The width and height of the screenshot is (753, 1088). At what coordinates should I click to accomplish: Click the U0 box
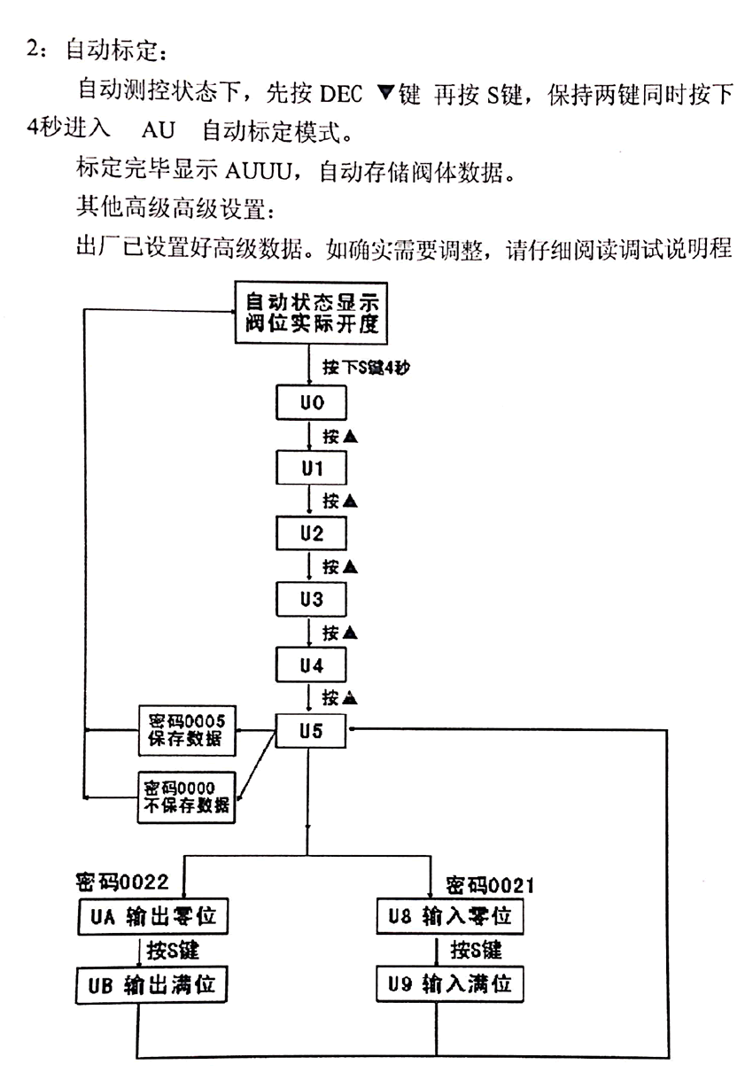click(x=311, y=402)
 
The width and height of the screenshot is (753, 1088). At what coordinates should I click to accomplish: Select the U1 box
click(x=311, y=468)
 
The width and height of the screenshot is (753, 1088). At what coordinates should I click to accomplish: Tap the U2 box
click(x=311, y=533)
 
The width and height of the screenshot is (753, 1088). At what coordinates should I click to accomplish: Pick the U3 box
click(x=311, y=599)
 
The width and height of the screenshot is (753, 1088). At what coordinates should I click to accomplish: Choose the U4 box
click(x=311, y=664)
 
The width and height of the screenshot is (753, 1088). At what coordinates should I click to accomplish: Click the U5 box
click(x=311, y=731)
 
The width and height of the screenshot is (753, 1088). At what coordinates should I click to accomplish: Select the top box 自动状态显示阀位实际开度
click(x=311, y=313)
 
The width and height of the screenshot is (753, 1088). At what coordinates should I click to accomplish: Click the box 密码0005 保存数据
click(x=187, y=731)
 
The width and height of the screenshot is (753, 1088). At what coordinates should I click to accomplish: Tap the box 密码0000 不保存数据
click(x=187, y=797)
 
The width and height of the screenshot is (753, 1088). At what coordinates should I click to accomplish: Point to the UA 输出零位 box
click(x=152, y=916)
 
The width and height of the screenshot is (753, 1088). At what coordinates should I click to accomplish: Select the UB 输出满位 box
click(x=151, y=985)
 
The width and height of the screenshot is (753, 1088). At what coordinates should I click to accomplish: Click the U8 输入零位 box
click(x=450, y=916)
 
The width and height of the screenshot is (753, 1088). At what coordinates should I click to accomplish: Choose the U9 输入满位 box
click(x=450, y=984)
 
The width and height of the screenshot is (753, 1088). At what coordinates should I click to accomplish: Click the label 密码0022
click(x=122, y=882)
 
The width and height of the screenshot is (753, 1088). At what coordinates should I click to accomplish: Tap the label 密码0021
click(x=490, y=885)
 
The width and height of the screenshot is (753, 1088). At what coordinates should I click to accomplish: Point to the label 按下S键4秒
click(x=366, y=368)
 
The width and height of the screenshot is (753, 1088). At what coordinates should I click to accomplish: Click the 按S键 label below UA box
click(x=173, y=951)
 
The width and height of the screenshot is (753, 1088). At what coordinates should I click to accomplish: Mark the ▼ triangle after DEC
click(x=386, y=92)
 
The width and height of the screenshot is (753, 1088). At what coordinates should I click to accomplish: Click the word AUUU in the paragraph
click(x=259, y=171)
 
